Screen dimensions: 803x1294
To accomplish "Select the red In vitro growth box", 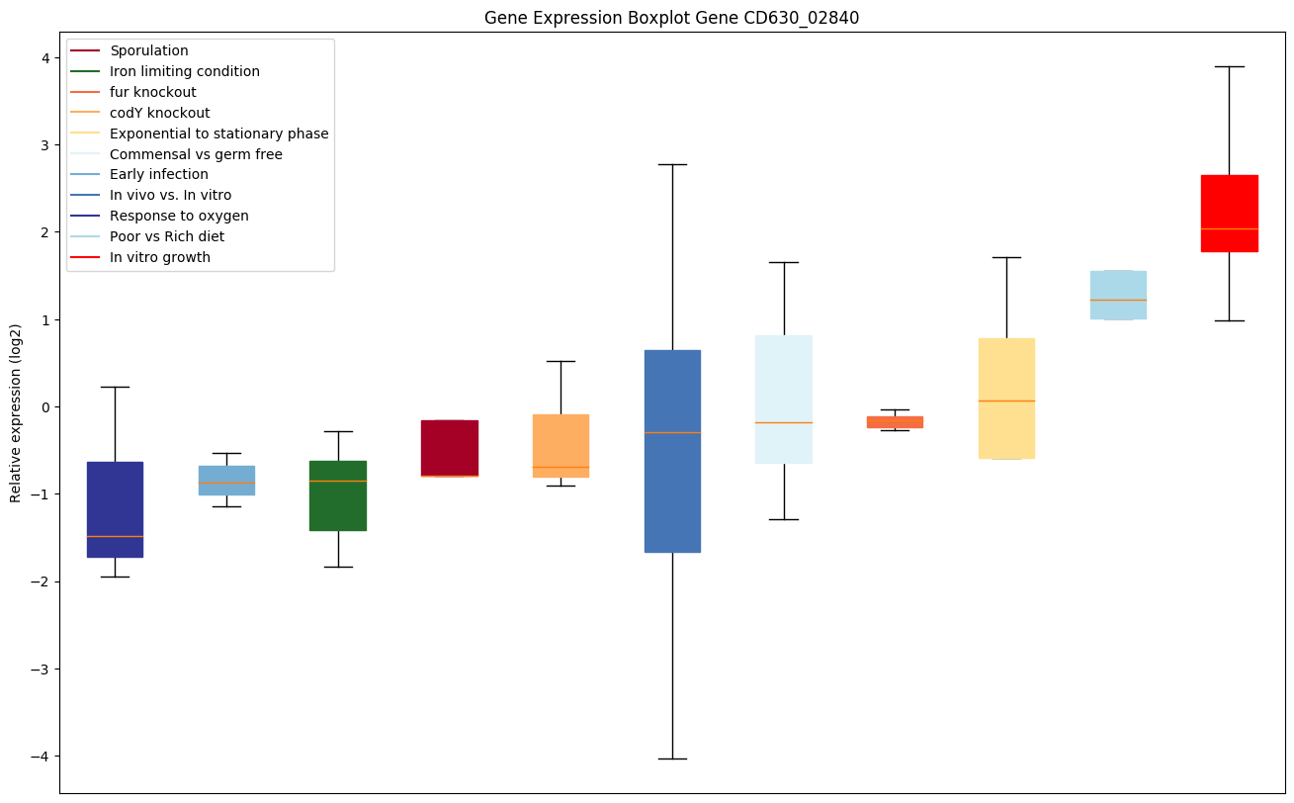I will point(1229,213).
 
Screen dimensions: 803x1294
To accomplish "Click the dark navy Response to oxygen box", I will point(115,509).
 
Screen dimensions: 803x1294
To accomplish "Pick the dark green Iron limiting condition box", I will point(338,495).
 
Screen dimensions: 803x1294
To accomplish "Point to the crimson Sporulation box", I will point(450,448).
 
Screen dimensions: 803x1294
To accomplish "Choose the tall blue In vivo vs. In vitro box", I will point(672,451).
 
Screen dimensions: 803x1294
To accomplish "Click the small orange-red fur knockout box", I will point(895,422).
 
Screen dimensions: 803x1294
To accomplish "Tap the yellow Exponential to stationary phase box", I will point(1006,399).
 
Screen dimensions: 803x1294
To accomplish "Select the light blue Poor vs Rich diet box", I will point(1118,295).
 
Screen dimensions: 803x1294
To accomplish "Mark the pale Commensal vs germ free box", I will point(784,400).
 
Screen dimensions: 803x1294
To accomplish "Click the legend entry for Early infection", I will point(158,175).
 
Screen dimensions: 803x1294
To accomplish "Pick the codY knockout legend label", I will point(159,113).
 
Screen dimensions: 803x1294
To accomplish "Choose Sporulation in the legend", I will point(149,50).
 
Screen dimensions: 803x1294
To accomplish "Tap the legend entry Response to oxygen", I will point(179,217).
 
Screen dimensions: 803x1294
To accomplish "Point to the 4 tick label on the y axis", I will point(44,58).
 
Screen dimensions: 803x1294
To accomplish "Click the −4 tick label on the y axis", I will point(41,757).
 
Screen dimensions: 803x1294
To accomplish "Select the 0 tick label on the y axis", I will point(44,407).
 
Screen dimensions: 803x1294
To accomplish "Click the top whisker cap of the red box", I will point(1229,66).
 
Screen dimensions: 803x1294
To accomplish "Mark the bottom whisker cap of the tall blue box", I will point(672,758).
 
